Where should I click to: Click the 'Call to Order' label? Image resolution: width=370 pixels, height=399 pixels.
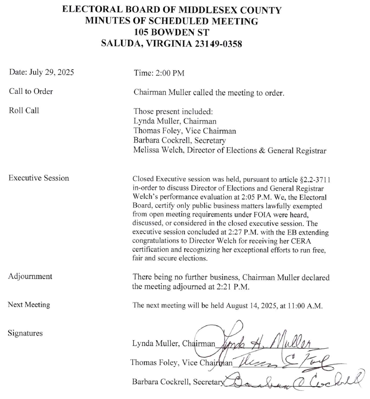click(x=31, y=91)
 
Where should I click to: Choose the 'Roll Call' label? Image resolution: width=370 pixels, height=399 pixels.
click(x=24, y=110)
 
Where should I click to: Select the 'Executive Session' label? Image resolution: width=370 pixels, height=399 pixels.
click(x=39, y=178)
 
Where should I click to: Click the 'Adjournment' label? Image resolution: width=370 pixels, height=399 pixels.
click(x=30, y=276)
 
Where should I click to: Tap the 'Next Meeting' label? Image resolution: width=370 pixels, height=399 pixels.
click(x=29, y=305)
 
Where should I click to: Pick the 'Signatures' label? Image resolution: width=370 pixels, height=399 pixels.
click(x=26, y=333)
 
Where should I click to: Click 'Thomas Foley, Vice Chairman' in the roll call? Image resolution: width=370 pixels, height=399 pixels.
click(x=185, y=131)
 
